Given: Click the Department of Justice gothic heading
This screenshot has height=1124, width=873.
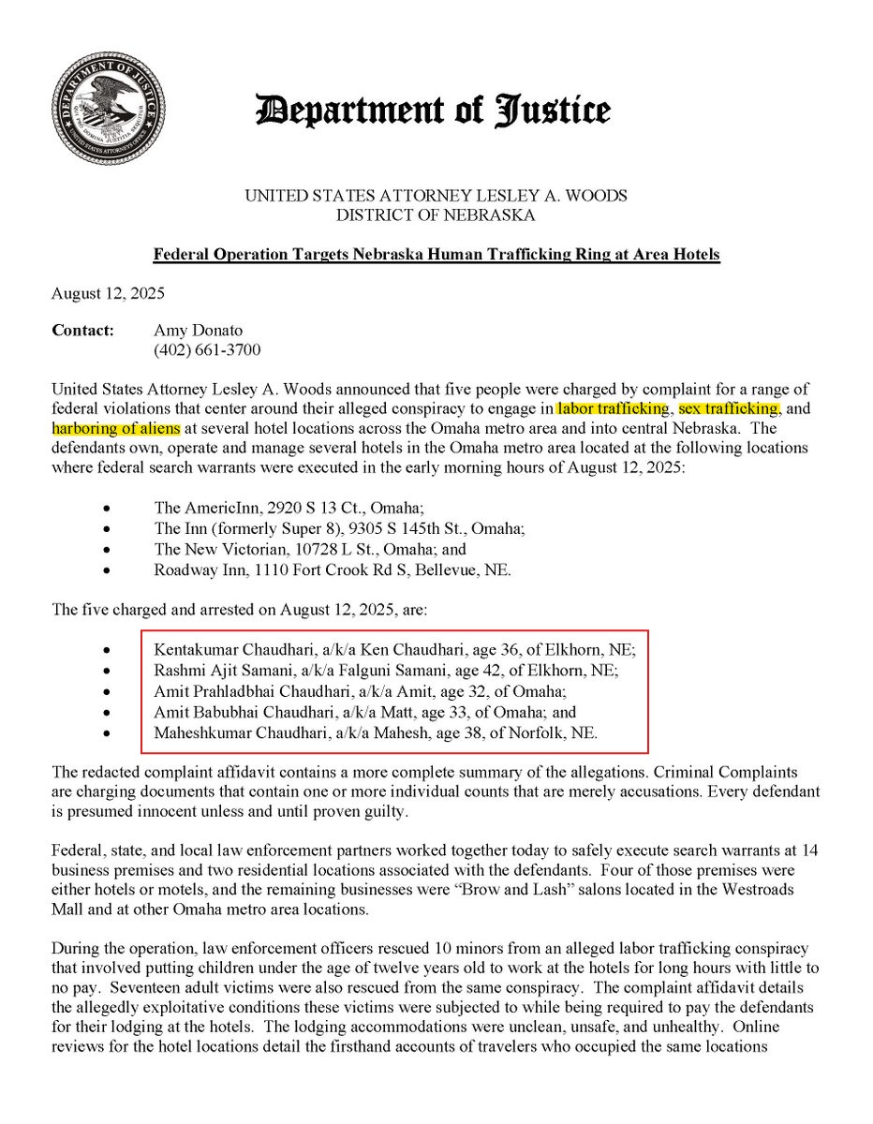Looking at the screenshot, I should [x=433, y=111].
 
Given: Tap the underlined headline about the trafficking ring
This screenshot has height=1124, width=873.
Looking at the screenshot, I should [x=436, y=255].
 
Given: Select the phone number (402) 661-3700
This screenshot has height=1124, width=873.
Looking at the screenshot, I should [x=207, y=350].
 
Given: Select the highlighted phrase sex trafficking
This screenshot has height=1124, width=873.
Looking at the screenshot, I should [x=727, y=409].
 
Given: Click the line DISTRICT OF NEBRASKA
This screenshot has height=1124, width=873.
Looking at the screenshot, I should [x=436, y=215].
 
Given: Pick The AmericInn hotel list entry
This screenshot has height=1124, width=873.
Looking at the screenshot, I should [x=289, y=509].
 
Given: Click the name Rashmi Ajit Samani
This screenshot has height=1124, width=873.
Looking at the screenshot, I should [x=222, y=671].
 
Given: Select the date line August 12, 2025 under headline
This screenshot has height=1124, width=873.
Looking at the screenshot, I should [x=108, y=292].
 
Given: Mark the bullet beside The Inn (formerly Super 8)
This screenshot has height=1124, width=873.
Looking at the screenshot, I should [x=109, y=529].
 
